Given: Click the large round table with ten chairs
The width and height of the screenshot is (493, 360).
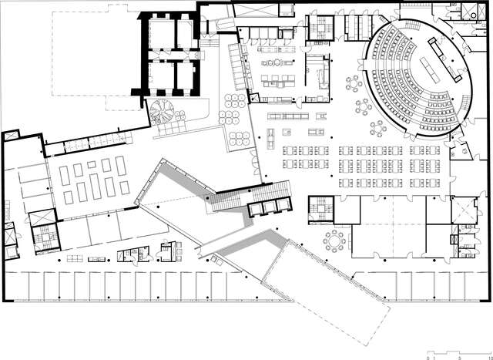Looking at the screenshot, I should pyautogui.click(x=334, y=240).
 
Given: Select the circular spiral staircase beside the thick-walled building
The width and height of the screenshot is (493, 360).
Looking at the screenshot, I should pyautogui.click(x=163, y=112).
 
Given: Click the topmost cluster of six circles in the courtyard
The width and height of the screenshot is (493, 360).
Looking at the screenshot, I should pyautogui.click(x=233, y=101).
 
